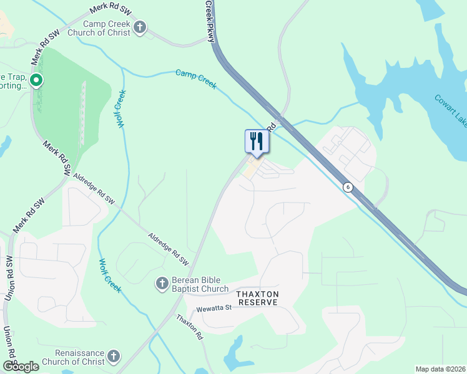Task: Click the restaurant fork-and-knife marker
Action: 256,141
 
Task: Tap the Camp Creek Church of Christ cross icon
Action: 140,27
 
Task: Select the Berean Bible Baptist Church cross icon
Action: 162,284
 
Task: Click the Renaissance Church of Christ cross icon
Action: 113,356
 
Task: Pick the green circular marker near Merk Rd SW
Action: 36,80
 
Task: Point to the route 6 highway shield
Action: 347,186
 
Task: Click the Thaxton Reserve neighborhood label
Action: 257,297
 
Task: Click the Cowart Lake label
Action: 450,109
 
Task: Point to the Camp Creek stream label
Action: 196,79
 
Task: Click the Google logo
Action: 21,366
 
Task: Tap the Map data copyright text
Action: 440,368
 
